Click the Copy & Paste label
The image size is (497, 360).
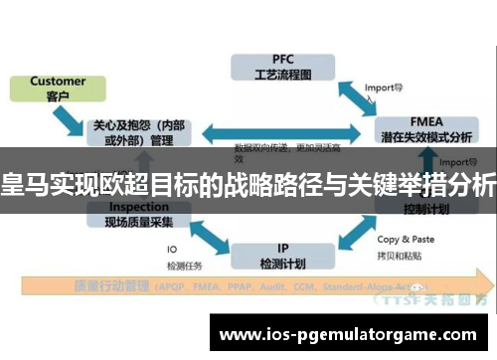[x=407, y=240]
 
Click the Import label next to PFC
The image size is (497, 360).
[x=384, y=87]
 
